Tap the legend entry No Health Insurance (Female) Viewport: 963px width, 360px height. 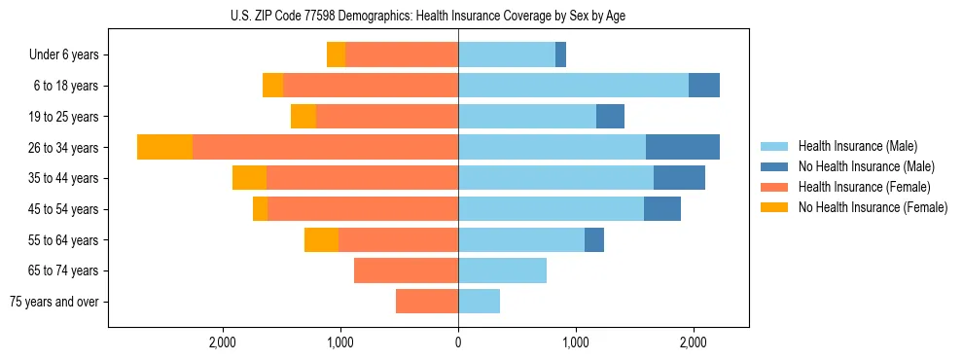point(873,207)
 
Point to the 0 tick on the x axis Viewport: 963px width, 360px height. point(458,342)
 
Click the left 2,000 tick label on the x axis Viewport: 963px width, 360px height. point(223,342)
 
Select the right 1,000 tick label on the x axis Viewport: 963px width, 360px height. point(576,342)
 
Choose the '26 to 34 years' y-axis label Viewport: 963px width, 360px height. point(65,148)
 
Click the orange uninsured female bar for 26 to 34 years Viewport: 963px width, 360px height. point(164,147)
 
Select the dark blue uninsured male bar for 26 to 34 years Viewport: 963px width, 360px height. point(683,147)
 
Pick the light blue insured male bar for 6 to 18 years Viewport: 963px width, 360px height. point(573,86)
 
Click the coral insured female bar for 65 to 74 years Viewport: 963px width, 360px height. point(406,270)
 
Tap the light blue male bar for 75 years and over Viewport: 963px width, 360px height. point(479,302)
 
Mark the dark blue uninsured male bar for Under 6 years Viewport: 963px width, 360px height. point(560,54)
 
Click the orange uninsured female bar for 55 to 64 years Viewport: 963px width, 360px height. point(321,239)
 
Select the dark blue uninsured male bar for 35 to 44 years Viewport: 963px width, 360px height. point(679,178)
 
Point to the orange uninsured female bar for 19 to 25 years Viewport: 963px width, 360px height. point(303,117)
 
